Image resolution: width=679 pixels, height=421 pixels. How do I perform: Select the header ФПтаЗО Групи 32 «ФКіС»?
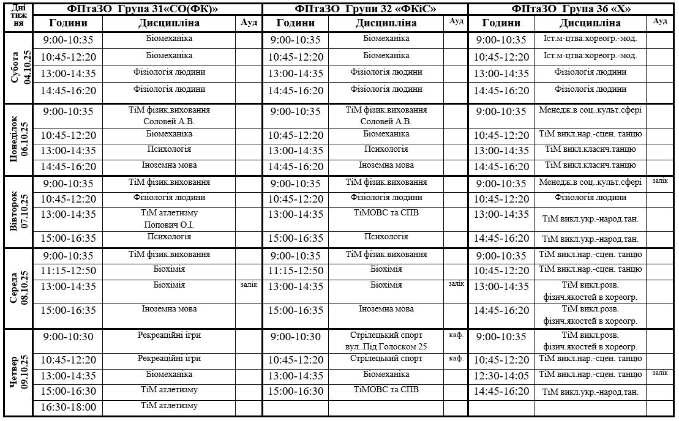click(365, 9)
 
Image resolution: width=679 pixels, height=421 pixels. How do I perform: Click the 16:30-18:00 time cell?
click(68, 407)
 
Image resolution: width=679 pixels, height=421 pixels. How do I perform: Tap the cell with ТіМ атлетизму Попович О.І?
click(169, 218)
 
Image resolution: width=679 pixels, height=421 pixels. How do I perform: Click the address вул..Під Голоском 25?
click(386, 347)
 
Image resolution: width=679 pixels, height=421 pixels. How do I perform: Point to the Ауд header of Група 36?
click(660, 21)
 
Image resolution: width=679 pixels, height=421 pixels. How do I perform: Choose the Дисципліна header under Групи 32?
click(386, 23)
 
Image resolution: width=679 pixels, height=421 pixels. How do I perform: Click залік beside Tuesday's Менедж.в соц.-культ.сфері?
click(660, 181)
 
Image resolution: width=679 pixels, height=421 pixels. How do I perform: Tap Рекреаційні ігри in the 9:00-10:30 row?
click(169, 335)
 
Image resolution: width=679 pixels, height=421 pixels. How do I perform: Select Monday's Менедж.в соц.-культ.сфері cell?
click(590, 111)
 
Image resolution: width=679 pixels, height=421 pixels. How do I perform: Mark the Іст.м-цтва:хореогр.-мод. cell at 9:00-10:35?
click(590, 38)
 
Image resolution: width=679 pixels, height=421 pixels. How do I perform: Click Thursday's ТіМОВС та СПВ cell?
click(386, 390)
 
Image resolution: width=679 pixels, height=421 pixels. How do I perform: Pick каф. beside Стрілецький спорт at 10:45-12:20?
click(456, 359)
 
